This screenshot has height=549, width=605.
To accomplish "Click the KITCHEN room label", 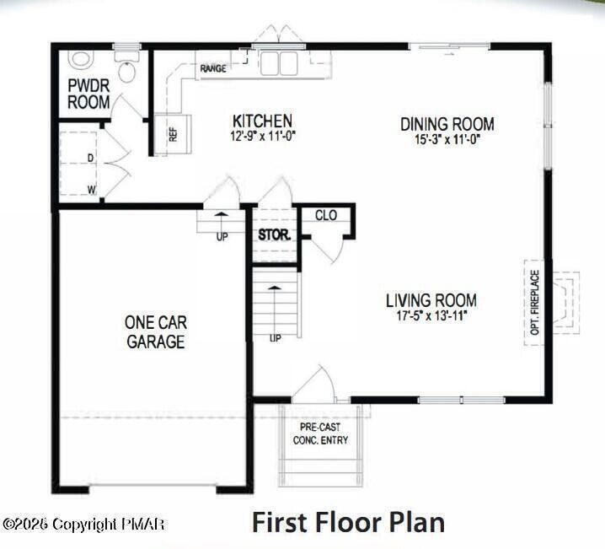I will tap(263, 121).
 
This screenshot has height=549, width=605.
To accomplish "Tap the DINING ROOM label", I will tap(447, 124).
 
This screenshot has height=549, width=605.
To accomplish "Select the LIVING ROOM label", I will tap(431, 300).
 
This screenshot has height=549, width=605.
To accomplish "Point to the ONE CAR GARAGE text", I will tap(155, 332).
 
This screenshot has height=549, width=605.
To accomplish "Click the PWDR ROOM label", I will tap(88, 94).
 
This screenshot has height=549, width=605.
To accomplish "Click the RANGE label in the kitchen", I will tap(212, 68).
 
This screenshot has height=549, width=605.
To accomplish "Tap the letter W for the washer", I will tap(91, 189).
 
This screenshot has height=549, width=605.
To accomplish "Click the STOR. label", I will tap(275, 234).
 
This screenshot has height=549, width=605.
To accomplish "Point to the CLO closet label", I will tap(326, 216).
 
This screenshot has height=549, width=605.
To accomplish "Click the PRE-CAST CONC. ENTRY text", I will tap(320, 433).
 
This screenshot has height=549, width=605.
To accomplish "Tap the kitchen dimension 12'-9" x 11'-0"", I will tap(263, 135).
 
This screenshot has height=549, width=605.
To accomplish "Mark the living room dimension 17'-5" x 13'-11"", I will tap(431, 315).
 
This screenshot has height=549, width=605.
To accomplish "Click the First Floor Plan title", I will tap(348, 522).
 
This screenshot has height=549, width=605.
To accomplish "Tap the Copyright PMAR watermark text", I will tap(83, 525).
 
